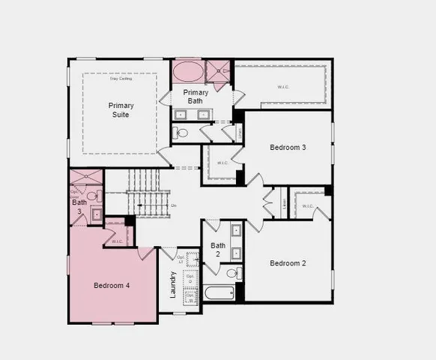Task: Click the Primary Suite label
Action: [121, 109]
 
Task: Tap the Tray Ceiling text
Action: [120, 78]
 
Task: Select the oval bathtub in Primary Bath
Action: [188, 73]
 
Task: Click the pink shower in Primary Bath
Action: [219, 73]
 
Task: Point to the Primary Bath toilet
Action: [181, 133]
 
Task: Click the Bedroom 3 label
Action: [288, 148]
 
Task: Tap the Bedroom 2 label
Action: [288, 263]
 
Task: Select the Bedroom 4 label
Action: [112, 286]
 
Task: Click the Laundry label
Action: [173, 285]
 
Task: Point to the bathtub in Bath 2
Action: [219, 292]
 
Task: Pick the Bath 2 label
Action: [218, 250]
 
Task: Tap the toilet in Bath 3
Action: [92, 196]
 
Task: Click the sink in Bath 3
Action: [96, 214]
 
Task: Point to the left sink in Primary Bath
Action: [182, 115]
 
